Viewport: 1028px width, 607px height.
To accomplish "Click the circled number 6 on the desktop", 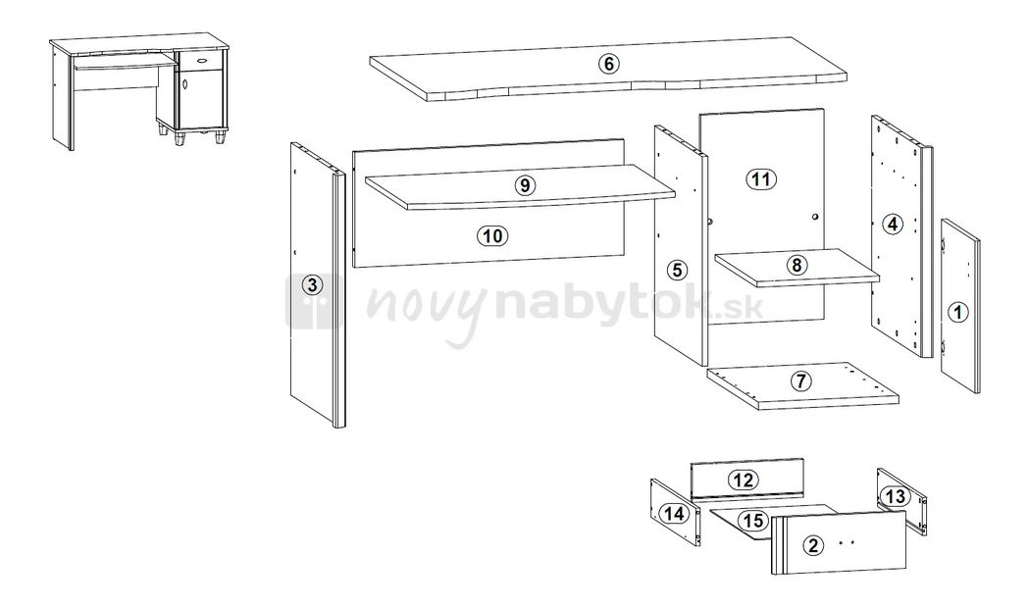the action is click(608, 64).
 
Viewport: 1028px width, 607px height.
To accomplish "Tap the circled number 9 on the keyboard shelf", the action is click(525, 185).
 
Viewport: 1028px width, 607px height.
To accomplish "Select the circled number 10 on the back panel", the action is click(492, 235).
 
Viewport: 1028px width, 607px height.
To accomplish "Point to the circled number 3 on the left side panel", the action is click(312, 285).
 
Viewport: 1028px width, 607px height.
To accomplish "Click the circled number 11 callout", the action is click(760, 178).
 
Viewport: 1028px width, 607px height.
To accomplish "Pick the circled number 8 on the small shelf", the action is click(796, 266).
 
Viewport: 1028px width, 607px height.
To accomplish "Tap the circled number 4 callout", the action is click(892, 225).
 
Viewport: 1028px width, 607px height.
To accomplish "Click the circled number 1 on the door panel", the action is click(958, 312).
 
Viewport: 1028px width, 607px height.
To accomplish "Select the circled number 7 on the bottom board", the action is click(801, 380).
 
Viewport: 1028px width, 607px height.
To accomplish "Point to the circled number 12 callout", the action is click(744, 480).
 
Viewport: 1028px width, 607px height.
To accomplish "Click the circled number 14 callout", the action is click(675, 513).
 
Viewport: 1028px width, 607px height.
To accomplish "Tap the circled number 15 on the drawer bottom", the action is click(753, 521).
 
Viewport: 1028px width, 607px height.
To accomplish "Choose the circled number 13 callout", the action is click(895, 496).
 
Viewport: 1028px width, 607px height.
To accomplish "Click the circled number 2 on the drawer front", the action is click(813, 544).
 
